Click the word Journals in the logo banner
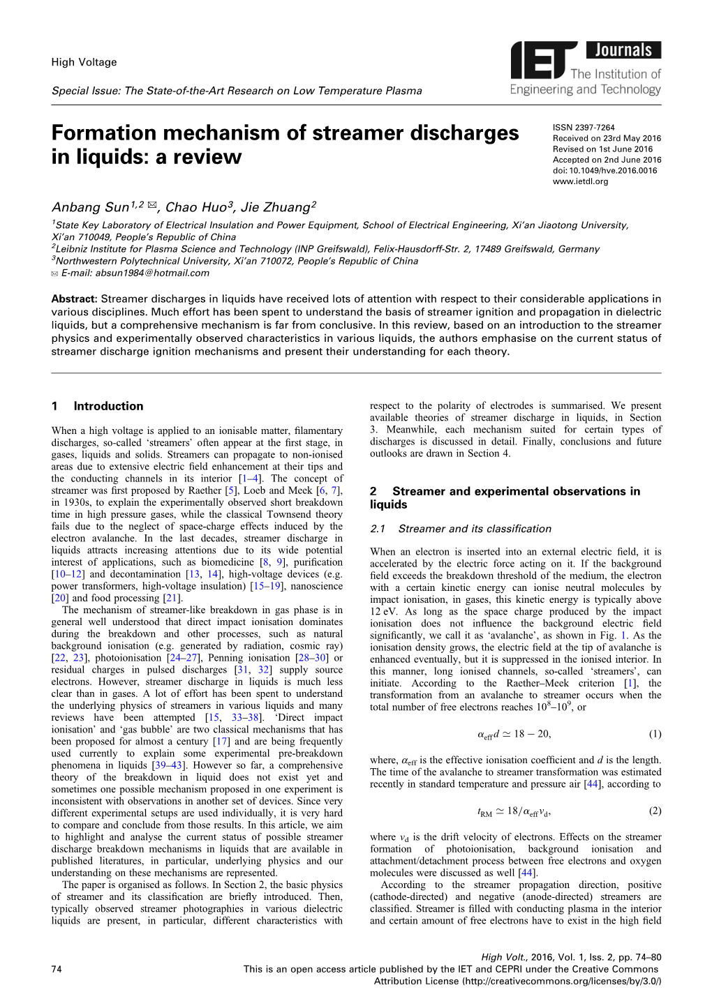[623, 50]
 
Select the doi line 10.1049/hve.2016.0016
[605, 170]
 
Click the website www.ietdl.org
[580, 181]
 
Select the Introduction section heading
[108, 406]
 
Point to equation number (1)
[655, 734]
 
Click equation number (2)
[655, 811]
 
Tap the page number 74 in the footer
[57, 969]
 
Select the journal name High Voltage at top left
[84, 62]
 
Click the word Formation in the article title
[104, 133]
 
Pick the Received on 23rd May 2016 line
[607, 138]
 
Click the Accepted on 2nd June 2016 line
[607, 160]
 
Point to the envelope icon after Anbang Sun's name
[152, 206]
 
